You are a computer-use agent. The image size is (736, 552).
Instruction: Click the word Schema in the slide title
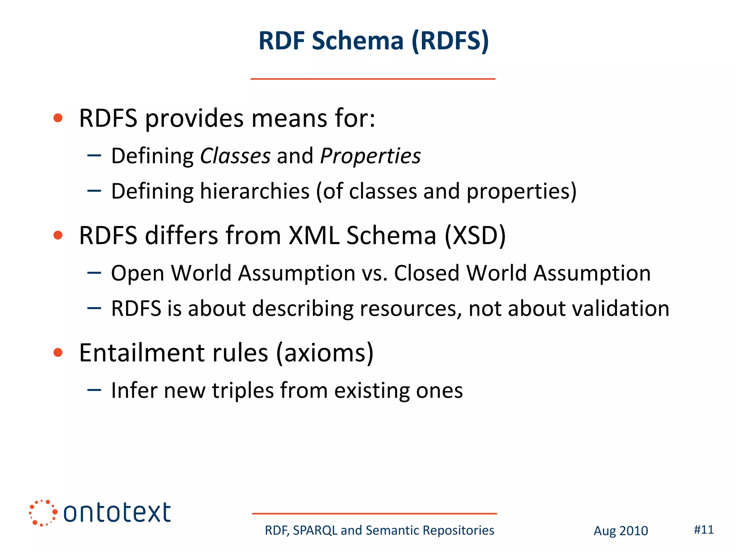pos(358,41)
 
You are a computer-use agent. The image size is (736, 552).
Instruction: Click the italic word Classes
pos(235,156)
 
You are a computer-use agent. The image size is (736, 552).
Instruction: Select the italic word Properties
pos(370,157)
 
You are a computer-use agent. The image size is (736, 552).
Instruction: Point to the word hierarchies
pos(254,191)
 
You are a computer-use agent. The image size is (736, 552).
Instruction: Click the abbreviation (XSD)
pos(475,236)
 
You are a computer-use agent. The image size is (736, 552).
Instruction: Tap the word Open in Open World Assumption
pos(137,273)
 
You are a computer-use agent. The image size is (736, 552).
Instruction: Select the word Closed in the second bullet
pos(427,273)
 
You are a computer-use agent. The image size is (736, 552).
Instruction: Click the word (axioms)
pos(325,353)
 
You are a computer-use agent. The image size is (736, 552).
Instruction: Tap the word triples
pos(243,391)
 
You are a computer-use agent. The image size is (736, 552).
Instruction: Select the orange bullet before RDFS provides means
pos(58,118)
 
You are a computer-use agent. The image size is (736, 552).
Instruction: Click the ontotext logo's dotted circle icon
pos(43,513)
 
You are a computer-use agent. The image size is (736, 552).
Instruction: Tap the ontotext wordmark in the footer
pos(117,513)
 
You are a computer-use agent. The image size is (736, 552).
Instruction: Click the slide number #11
pos(703,530)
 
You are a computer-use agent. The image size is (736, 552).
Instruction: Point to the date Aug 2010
pos(620,531)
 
